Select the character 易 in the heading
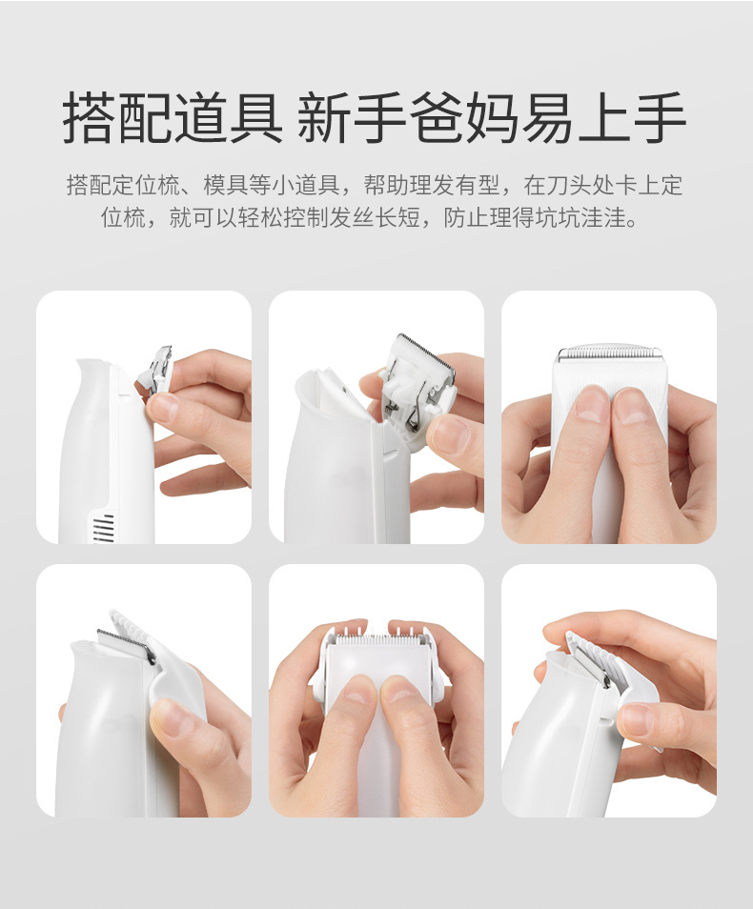coord(547,117)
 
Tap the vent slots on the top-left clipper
coord(103,528)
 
